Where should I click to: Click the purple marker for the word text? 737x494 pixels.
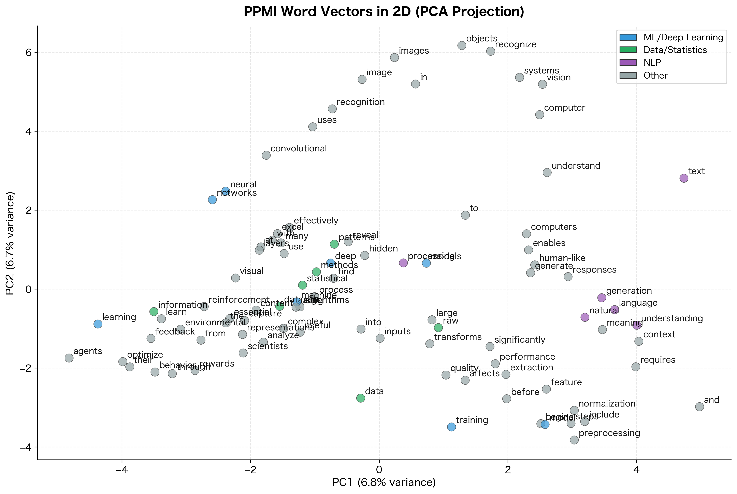pos(683,178)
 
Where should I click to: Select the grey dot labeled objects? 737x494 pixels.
pos(462,45)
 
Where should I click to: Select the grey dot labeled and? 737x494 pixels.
pos(699,406)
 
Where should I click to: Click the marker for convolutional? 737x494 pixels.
pos(266,155)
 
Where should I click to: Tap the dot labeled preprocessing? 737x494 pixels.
pos(574,440)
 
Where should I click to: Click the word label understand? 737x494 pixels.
pos(576,166)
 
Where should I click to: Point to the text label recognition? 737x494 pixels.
pos(360,102)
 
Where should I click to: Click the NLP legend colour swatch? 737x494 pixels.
pos(628,63)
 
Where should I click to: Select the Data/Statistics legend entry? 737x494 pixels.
pos(675,50)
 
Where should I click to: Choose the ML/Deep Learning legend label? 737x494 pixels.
pos(683,38)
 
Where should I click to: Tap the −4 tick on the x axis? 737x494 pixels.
pos(122,470)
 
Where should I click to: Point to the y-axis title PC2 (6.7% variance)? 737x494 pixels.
pos(10,243)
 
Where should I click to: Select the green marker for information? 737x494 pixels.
pos(154,312)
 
